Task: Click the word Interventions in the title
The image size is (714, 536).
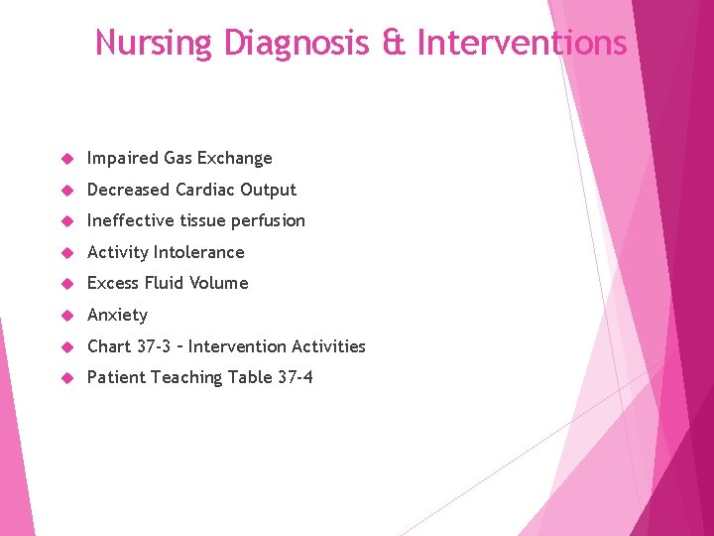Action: [523, 44]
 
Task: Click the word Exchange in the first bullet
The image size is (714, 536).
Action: [234, 159]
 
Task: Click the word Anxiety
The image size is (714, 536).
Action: [117, 316]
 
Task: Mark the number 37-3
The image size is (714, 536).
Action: [152, 346]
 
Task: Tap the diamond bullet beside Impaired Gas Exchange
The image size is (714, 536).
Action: [66, 159]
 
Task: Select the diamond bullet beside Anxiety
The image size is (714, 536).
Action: [66, 315]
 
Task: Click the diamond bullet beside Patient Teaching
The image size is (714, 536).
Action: [66, 377]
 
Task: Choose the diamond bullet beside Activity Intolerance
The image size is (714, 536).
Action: [66, 252]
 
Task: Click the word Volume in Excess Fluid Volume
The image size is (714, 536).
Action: [220, 283]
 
